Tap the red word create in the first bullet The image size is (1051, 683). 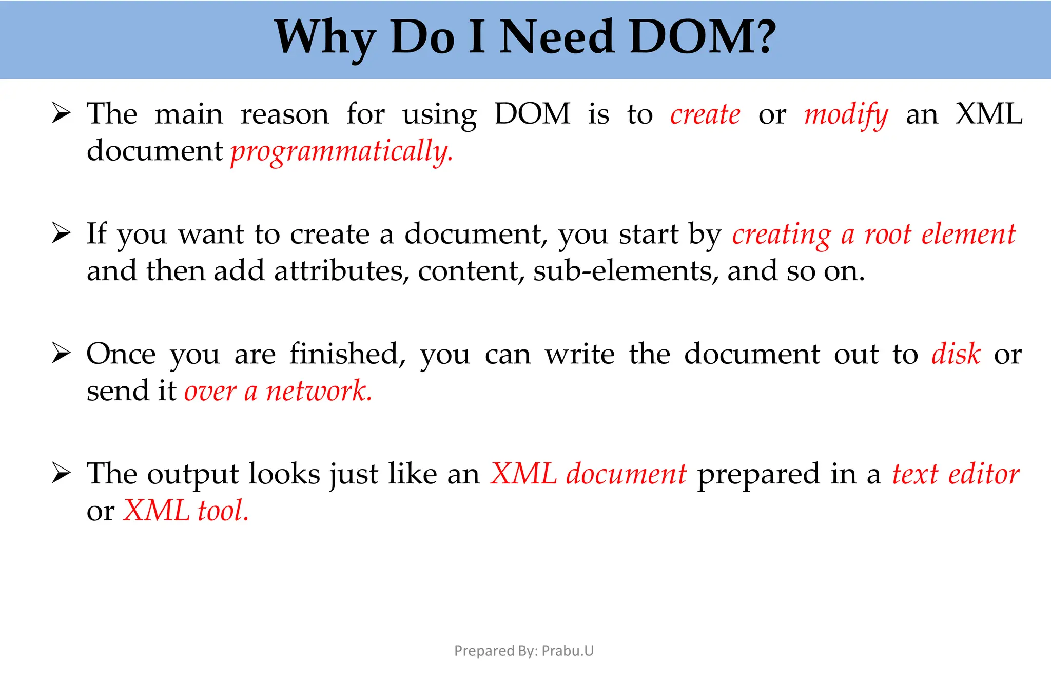[x=705, y=114]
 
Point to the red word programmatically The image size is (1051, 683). [x=342, y=152]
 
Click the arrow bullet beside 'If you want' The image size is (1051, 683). [x=61, y=233]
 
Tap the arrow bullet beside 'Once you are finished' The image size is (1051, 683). [x=61, y=354]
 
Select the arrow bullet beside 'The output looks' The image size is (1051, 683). [x=61, y=473]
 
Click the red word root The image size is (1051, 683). [x=887, y=235]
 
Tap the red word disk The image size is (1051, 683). [x=956, y=354]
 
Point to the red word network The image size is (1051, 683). [x=319, y=391]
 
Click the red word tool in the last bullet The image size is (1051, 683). [x=223, y=511]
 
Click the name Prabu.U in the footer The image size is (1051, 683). [x=568, y=651]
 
